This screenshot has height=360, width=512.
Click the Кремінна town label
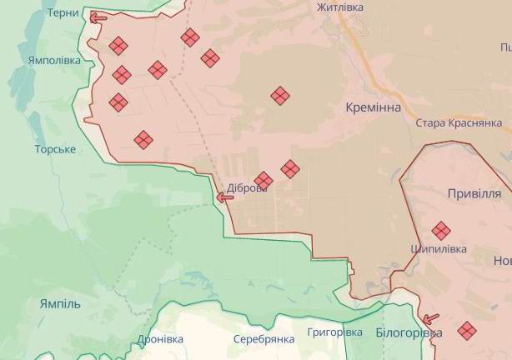tap(373, 107)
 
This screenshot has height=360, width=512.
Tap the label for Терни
tap(63, 13)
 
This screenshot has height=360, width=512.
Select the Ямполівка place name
tap(54, 61)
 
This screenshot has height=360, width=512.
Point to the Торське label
tap(55, 149)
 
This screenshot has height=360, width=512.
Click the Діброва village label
tap(247, 188)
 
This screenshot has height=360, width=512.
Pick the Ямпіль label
tap(60, 303)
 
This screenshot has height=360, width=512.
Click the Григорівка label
tap(334, 332)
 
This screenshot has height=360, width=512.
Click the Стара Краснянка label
tap(463, 122)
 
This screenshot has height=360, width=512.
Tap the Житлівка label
tap(340, 7)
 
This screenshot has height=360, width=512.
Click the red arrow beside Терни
tap(98, 17)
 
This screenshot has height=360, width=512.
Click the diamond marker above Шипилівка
tap(441, 231)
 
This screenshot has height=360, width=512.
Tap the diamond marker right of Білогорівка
tap(467, 331)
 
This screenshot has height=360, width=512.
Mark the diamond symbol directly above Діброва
tap(264, 180)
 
